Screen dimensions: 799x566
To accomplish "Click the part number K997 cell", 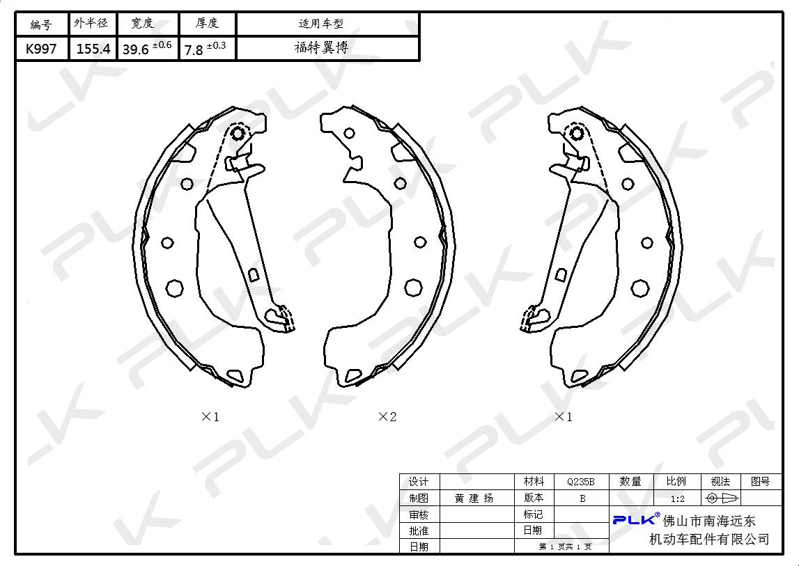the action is click(x=41, y=49).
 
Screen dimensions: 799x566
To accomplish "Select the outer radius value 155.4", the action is click(x=93, y=49).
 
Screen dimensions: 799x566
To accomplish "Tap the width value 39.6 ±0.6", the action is click(x=147, y=48).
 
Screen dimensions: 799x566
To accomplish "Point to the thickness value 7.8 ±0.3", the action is click(x=205, y=49).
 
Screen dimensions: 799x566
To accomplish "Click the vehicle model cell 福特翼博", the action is click(x=321, y=47).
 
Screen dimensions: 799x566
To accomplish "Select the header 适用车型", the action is click(x=321, y=24).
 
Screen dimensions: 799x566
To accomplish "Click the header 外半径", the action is click(x=91, y=23).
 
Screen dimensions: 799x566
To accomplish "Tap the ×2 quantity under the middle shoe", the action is click(x=387, y=417).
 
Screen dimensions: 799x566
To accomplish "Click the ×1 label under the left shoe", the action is click(x=210, y=417).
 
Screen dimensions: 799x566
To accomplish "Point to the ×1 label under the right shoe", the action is click(x=563, y=417).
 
